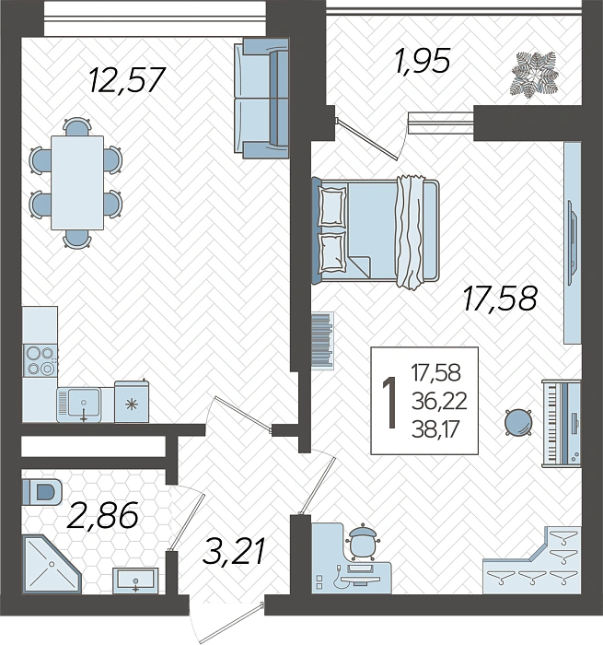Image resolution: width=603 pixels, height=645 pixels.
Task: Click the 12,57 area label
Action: pos(127,80)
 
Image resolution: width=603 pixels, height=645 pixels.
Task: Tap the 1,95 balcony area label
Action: pos(422,62)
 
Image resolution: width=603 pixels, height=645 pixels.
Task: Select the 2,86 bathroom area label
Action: pos(102,515)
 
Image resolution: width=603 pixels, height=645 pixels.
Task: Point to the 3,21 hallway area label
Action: pos(234,551)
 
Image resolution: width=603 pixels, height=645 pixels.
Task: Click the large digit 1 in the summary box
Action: pos(389,403)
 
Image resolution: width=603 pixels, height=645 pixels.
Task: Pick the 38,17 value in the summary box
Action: pos(435,430)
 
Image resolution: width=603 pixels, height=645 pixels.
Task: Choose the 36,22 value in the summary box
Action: pos(439,401)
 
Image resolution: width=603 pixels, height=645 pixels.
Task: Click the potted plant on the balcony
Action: pos(535,75)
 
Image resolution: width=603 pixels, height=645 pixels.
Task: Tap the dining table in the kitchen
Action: pos(77,182)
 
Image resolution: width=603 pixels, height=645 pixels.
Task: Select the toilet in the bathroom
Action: pos(42,492)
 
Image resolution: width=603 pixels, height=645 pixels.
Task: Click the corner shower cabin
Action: pos(51,564)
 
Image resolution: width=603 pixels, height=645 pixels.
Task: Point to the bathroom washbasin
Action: pos(135,580)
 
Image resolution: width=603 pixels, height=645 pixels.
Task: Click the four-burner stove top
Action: pos(40,361)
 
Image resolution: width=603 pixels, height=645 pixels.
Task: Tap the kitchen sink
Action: pos(79,405)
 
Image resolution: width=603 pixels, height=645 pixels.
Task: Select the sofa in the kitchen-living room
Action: pos(261,99)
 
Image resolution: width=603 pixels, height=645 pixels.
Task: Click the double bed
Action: pos(376,231)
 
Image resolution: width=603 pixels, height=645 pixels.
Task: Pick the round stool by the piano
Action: pos(518,422)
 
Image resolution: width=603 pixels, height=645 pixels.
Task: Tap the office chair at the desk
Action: pos(362,542)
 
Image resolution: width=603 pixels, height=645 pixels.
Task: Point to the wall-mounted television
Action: pos(572,242)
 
